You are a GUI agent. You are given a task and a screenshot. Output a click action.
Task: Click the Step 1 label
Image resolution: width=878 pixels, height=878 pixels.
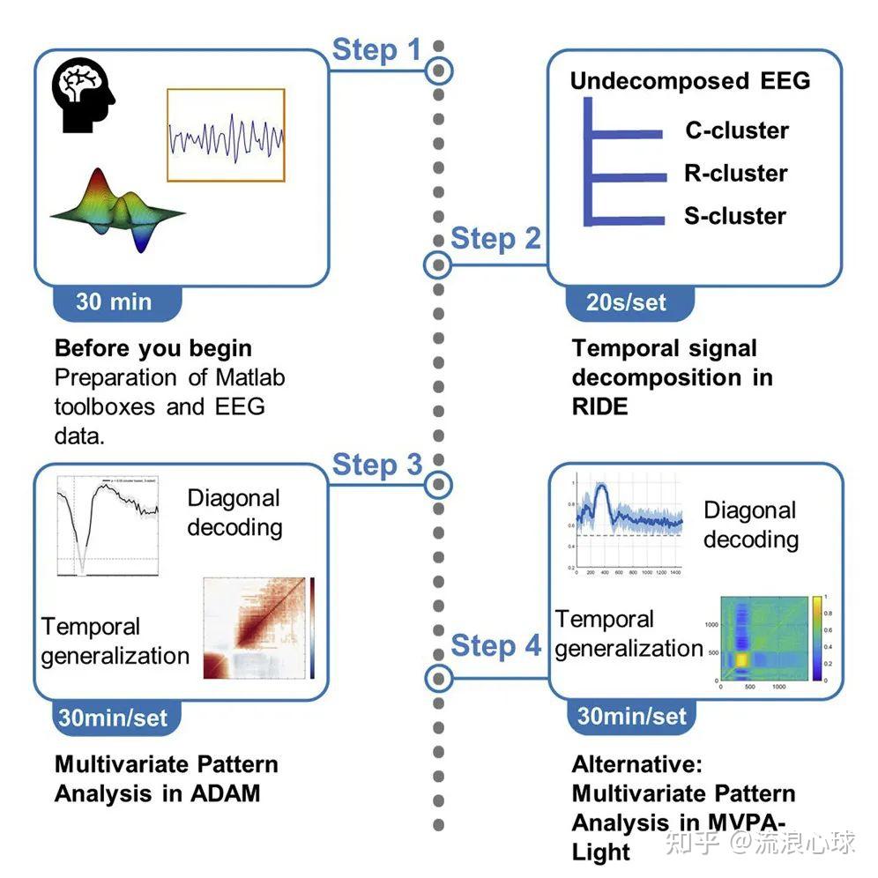pyautogui.click(x=376, y=50)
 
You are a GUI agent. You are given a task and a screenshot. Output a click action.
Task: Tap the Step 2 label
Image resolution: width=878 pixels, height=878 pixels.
pyautogui.click(x=495, y=239)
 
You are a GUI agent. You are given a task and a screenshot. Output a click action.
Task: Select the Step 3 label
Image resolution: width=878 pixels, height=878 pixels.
pyautogui.click(x=376, y=465)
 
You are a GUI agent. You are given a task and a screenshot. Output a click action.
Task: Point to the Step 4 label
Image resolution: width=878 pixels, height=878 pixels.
pyautogui.click(x=495, y=645)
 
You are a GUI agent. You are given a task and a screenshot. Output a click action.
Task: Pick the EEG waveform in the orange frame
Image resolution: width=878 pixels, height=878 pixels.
pyautogui.click(x=226, y=135)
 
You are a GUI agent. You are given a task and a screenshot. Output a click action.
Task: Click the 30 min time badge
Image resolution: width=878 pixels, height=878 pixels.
pyautogui.click(x=114, y=301)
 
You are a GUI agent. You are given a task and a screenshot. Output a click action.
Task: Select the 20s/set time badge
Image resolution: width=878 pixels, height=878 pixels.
pyautogui.click(x=626, y=302)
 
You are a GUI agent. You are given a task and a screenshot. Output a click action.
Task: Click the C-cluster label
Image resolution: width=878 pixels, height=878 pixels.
pyautogui.click(x=737, y=130)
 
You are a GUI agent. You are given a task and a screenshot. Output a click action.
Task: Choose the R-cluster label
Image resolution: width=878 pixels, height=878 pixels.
pyautogui.click(x=735, y=173)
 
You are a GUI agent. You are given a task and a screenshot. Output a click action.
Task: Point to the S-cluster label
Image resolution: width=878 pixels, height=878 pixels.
pyautogui.click(x=734, y=216)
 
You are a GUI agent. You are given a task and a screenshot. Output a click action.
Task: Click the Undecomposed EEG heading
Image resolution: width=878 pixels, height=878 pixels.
pyautogui.click(x=689, y=81)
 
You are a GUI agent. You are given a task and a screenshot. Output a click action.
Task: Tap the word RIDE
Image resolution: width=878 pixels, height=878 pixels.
pyautogui.click(x=599, y=406)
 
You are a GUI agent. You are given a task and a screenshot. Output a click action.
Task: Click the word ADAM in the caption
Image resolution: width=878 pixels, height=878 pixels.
pyautogui.click(x=227, y=792)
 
